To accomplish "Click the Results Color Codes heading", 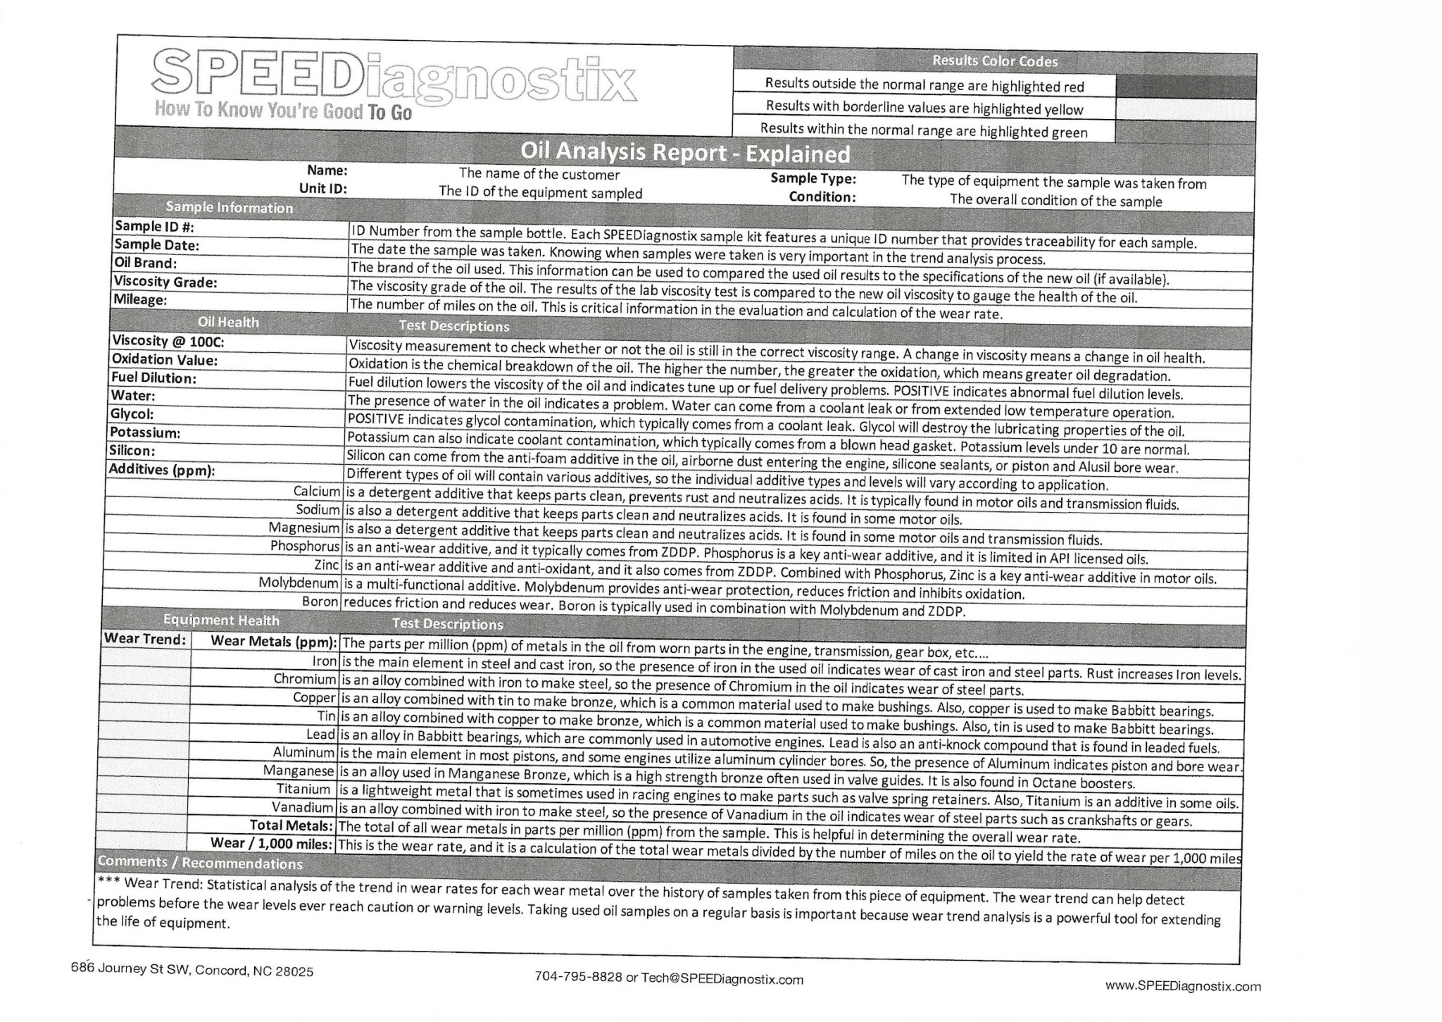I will click(x=994, y=61).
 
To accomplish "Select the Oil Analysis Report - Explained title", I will click(x=684, y=153).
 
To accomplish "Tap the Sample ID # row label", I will click(x=154, y=226).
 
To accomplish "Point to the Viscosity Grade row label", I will click(x=165, y=282).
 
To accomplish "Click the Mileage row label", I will click(x=140, y=299).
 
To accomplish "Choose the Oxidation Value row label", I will click(x=164, y=360).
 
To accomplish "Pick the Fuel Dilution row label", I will click(x=153, y=378).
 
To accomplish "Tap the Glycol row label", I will click(x=132, y=414).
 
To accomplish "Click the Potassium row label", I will click(x=144, y=432).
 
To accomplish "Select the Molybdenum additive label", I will click(x=299, y=582).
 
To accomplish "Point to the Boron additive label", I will click(x=320, y=602).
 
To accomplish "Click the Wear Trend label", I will click(x=145, y=639).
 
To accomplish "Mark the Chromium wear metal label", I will click(x=305, y=679).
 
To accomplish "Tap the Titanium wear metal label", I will click(x=303, y=789).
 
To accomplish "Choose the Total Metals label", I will click(x=291, y=825).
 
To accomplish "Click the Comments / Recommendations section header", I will click(x=200, y=863).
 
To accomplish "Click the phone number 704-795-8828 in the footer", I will click(x=578, y=977).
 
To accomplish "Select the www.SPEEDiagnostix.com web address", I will click(x=1183, y=986).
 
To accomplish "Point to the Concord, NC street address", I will click(x=192, y=970).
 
